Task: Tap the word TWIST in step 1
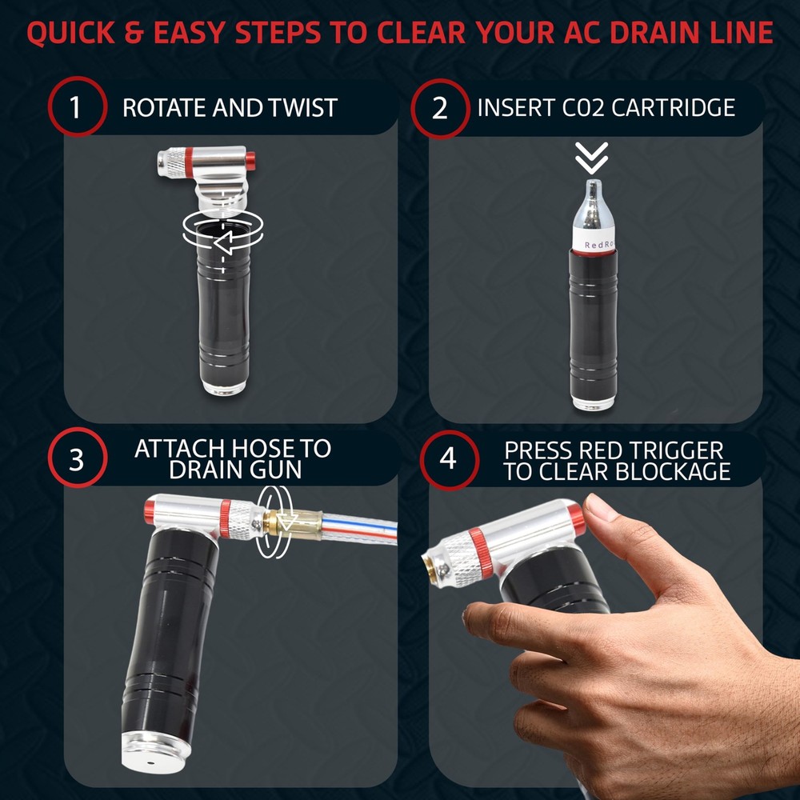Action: pyautogui.click(x=303, y=108)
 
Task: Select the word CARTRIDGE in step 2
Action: pyautogui.click(x=673, y=107)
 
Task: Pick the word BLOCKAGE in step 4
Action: pyautogui.click(x=673, y=471)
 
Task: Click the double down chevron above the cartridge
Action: pyautogui.click(x=592, y=158)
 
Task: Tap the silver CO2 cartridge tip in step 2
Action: pyautogui.click(x=593, y=186)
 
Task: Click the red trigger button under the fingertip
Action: pyautogui.click(x=577, y=518)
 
